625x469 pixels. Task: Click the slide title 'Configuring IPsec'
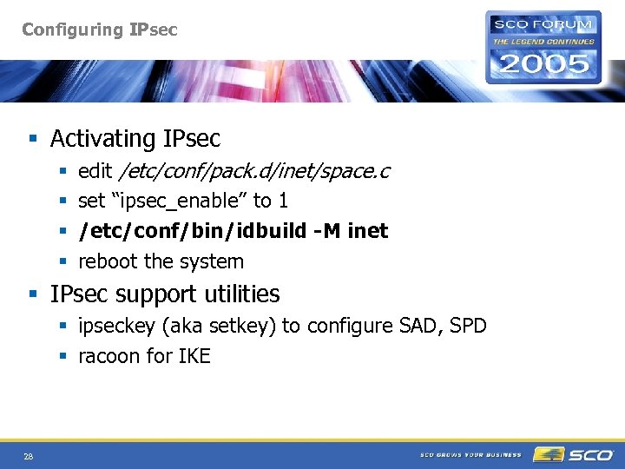(99, 30)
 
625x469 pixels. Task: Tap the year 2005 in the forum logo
(543, 63)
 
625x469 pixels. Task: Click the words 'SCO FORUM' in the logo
(543, 23)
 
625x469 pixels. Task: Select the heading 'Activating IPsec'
(135, 139)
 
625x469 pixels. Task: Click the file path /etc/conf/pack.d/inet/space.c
(254, 171)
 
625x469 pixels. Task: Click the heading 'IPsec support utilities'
(165, 294)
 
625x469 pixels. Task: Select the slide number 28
(29, 456)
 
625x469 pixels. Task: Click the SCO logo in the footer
(574, 454)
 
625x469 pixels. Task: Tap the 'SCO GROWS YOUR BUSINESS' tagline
(470, 454)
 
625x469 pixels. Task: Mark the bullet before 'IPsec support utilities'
(34, 294)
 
